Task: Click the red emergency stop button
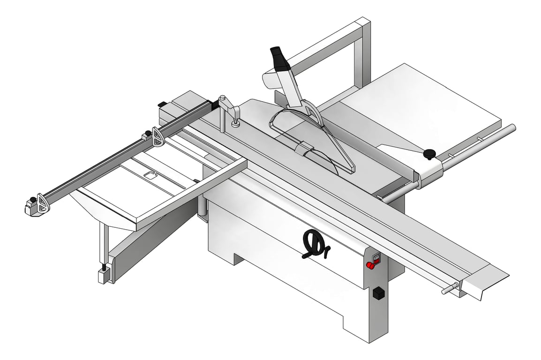tap(370, 266)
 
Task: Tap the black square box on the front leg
tap(378, 293)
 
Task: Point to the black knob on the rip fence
tap(429, 154)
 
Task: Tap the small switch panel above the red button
tap(376, 256)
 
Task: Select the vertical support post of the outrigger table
tap(102, 245)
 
